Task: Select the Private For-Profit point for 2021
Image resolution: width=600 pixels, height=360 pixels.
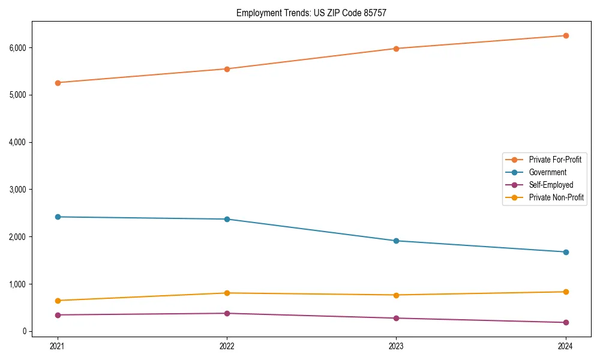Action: [x=58, y=83]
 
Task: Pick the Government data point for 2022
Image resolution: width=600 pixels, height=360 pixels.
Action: [x=227, y=219]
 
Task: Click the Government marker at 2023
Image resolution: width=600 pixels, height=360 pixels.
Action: [x=396, y=241]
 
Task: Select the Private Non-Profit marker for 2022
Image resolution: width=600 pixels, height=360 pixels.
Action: [x=227, y=293]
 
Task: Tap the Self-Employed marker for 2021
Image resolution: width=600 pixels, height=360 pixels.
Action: [x=58, y=315]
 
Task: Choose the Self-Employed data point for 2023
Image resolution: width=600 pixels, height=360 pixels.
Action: [x=396, y=318]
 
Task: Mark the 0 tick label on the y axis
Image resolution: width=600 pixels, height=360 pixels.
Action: [x=24, y=331]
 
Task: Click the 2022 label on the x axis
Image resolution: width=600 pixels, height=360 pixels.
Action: [x=227, y=346]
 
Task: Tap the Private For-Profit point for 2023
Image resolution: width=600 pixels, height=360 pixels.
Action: [x=396, y=49]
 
